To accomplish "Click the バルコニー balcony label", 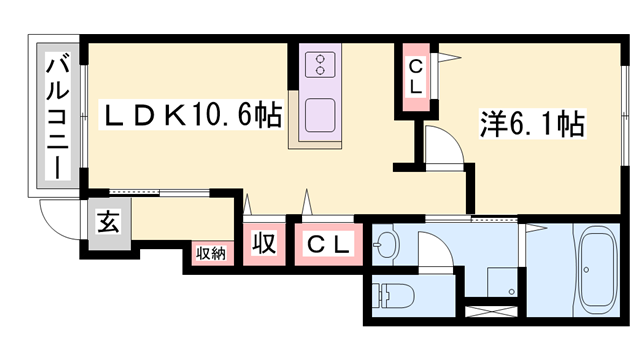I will coord(57,118).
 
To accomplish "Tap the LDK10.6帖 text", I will coord(193,117).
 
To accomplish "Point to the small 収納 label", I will coord(210,253).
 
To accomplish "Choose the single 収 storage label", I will coord(263,244).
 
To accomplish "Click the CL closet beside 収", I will coord(327,244).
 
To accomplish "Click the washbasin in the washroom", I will coord(387,244).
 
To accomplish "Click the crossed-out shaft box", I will coord(493,312).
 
